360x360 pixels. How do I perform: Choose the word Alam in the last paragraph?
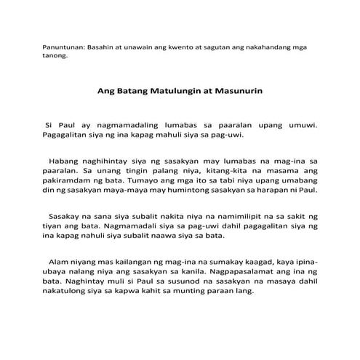point(60,261)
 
